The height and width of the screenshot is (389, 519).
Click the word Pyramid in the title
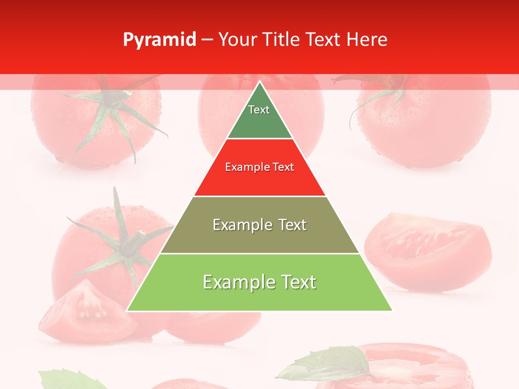coord(159,40)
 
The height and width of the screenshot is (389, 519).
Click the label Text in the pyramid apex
coord(259,110)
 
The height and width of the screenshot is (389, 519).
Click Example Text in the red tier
coord(259,167)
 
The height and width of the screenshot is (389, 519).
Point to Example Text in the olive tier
coord(259,225)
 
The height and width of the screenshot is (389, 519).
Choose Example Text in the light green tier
coord(259,282)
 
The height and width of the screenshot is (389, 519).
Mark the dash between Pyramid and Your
coord(207,40)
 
